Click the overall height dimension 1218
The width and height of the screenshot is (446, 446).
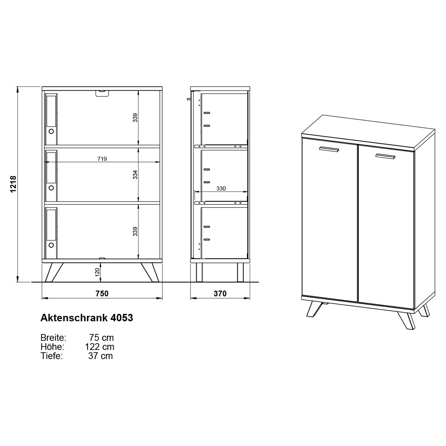(x=13, y=184)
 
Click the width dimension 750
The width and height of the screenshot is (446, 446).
(x=102, y=293)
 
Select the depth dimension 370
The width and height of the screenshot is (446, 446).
(x=220, y=293)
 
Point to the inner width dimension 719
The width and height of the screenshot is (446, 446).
(x=102, y=159)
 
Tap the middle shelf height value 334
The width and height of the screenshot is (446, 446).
(x=135, y=175)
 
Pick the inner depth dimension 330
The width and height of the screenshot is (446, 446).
(x=221, y=189)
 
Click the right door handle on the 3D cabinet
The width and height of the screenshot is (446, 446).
(x=385, y=156)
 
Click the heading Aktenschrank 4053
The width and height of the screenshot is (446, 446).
(x=87, y=318)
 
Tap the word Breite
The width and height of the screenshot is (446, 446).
(x=53, y=338)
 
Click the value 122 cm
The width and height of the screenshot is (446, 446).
(x=99, y=347)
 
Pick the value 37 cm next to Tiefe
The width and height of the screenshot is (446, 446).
(x=100, y=356)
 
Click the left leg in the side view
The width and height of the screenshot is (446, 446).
(x=199, y=272)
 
